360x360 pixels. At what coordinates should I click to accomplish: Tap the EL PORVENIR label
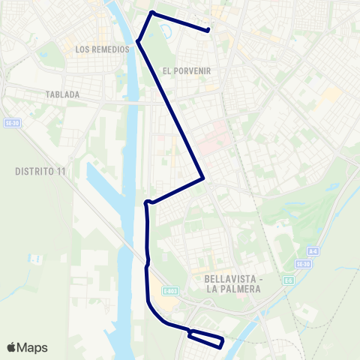[186, 70]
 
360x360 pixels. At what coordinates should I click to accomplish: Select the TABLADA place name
[62, 95]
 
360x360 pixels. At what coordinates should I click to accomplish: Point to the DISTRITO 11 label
[40, 171]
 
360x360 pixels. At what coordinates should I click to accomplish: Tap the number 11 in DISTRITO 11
[61, 171]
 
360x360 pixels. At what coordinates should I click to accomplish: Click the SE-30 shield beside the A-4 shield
[302, 264]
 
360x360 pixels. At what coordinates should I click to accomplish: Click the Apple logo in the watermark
[12, 347]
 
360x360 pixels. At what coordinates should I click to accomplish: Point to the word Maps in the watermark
[32, 347]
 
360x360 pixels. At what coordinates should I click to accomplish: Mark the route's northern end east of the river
[208, 30]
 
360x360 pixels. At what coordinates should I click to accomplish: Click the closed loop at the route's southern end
[206, 339]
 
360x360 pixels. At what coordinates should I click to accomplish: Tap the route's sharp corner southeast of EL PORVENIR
[203, 178]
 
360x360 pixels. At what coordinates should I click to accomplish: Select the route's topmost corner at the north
[152, 13]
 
